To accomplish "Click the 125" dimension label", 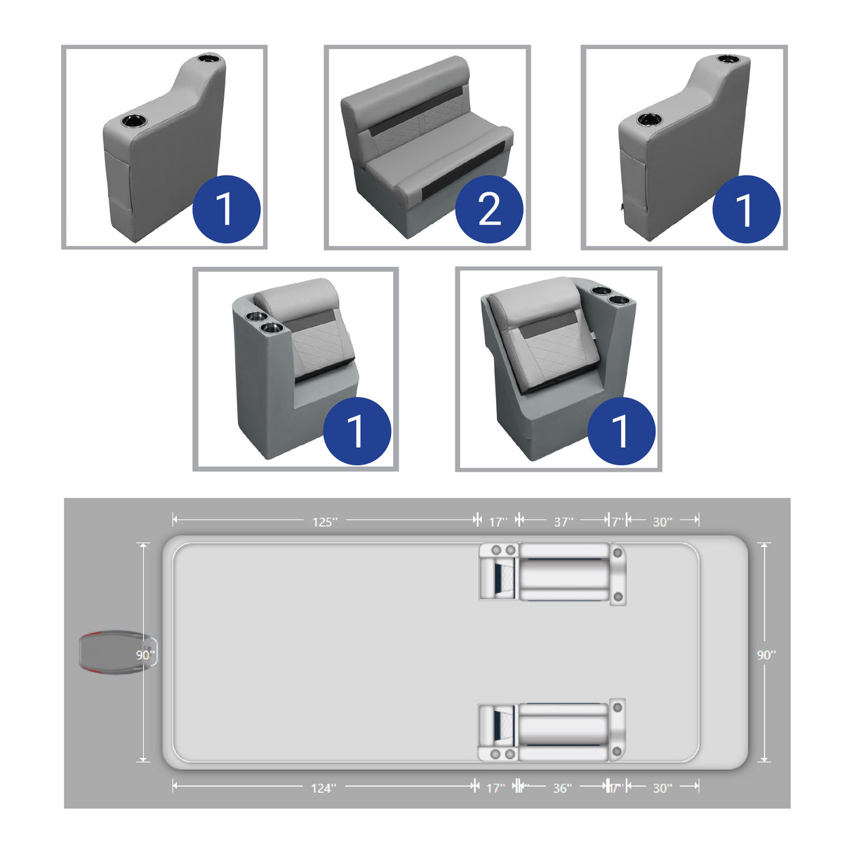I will coord(324,521).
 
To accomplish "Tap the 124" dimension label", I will coord(324,788).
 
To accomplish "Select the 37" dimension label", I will coord(563,521).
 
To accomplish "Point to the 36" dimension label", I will coord(561,788).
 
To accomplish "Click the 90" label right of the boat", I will coord(766,655).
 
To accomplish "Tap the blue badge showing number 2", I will coord(489,209).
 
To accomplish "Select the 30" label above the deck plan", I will coord(662,521).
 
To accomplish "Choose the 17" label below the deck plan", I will coord(495,788).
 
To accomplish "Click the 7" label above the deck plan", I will coord(616,521).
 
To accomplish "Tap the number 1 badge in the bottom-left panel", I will coord(357,431).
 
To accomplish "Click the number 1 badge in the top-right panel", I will coord(746,209).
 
